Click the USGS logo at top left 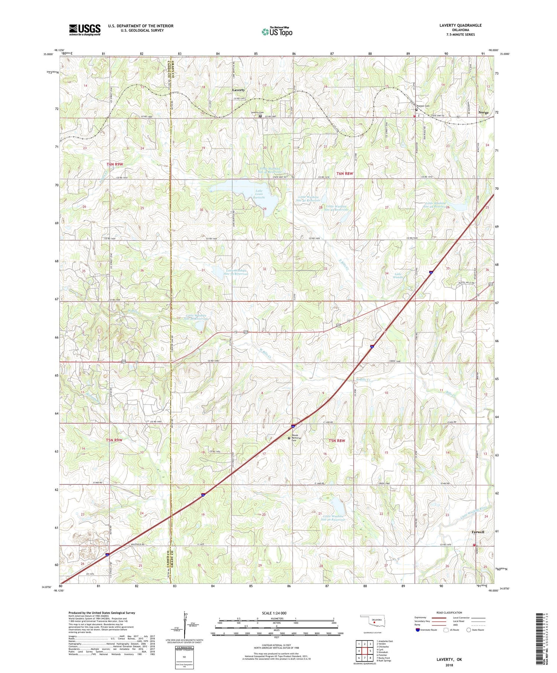click(x=85, y=30)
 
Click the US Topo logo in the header click(x=277, y=32)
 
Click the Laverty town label click(x=238, y=90)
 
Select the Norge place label click(x=483, y=112)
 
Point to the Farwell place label click(x=478, y=532)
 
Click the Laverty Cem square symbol click(x=260, y=116)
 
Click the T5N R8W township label click(x=337, y=441)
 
